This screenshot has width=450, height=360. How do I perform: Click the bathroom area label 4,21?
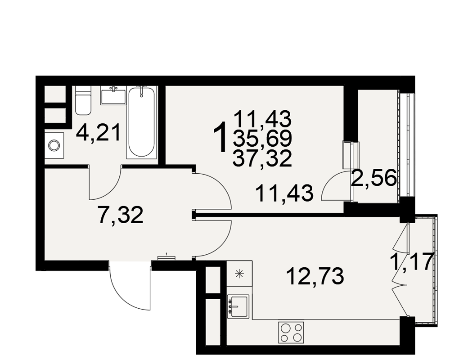pos(98,133)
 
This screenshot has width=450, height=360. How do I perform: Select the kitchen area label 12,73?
pos(315,276)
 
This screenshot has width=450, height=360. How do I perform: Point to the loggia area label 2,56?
pos(374,178)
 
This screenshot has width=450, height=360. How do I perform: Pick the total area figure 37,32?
pos(262,158)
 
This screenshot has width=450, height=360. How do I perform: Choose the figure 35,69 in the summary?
pos(262,138)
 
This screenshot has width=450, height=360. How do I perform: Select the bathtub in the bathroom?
pos(142,122)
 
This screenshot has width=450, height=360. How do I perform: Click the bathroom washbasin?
pos(113,95)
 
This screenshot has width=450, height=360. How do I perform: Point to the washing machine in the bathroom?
pos(54,145)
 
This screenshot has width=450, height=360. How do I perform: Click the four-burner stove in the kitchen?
pos(291,332)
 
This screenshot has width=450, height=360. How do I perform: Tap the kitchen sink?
pos(238,306)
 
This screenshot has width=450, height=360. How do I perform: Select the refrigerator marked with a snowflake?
pos(239,274)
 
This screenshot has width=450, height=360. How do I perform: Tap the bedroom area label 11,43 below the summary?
pos(284,193)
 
